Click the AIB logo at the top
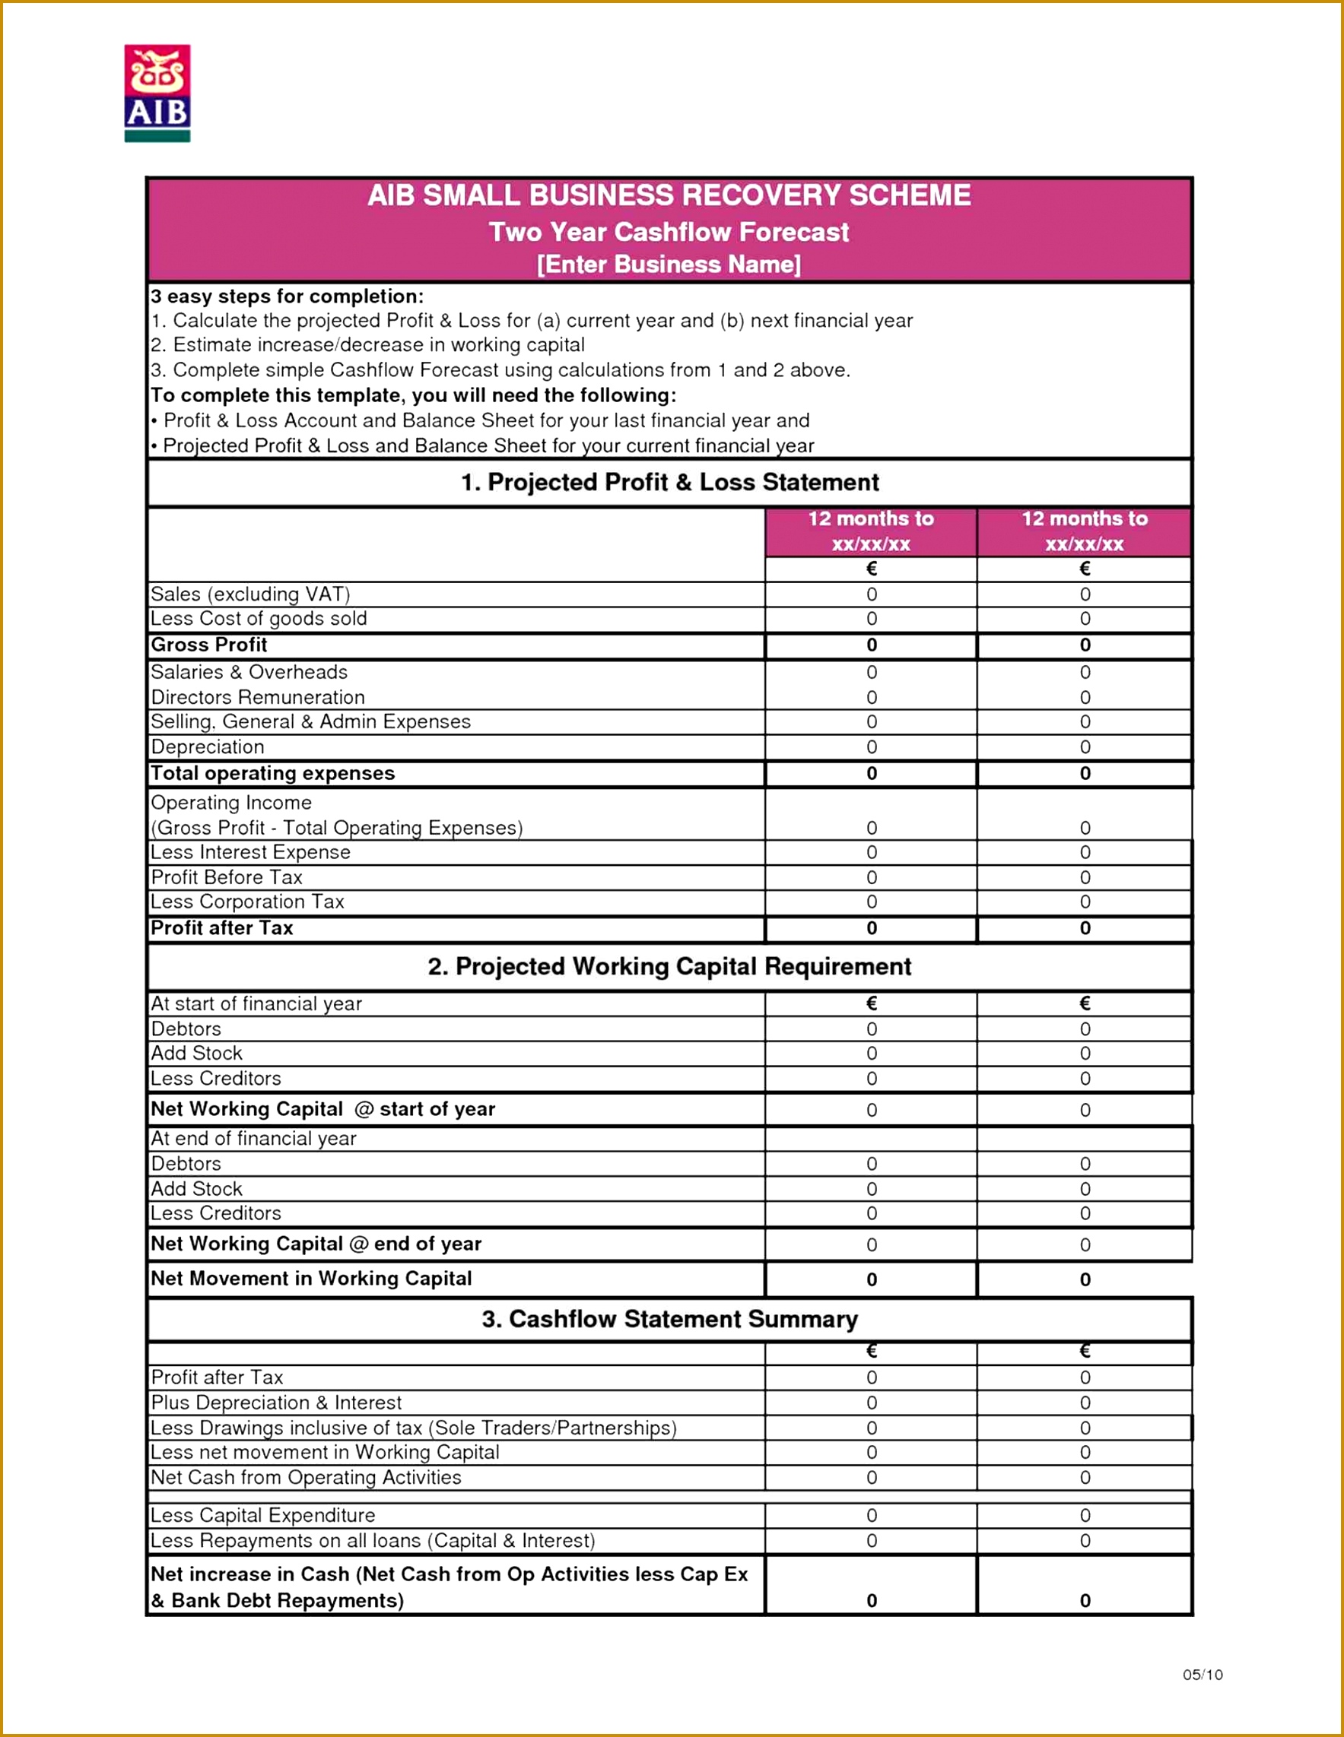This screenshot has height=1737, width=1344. pyautogui.click(x=157, y=93)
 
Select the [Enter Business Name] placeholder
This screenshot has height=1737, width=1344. pyautogui.click(x=669, y=264)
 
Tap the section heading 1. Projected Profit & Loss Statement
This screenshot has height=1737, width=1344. pyautogui.click(x=669, y=482)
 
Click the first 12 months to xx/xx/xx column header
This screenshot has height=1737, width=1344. pyautogui.click(x=871, y=531)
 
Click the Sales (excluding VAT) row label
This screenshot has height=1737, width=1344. pyautogui.click(x=250, y=594)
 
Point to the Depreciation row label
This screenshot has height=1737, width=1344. pyautogui.click(x=207, y=746)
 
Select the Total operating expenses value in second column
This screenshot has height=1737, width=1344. pyautogui.click(x=1084, y=773)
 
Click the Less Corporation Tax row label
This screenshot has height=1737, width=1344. pyautogui.click(x=246, y=901)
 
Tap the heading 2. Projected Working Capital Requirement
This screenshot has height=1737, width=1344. pyautogui.click(x=669, y=965)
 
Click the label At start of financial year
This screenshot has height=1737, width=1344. pyautogui.click(x=256, y=1003)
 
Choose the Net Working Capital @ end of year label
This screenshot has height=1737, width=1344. pyautogui.click(x=315, y=1243)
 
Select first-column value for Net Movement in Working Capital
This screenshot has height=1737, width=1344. pyautogui.click(x=871, y=1279)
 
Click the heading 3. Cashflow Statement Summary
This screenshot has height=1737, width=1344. pyautogui.click(x=669, y=1319)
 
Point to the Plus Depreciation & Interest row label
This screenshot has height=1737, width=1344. pyautogui.click(x=275, y=1403)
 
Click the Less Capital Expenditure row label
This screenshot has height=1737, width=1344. pyautogui.click(x=262, y=1515)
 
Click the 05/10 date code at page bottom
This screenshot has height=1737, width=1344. pyautogui.click(x=1202, y=1675)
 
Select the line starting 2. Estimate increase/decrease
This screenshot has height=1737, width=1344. pyautogui.click(x=367, y=344)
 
